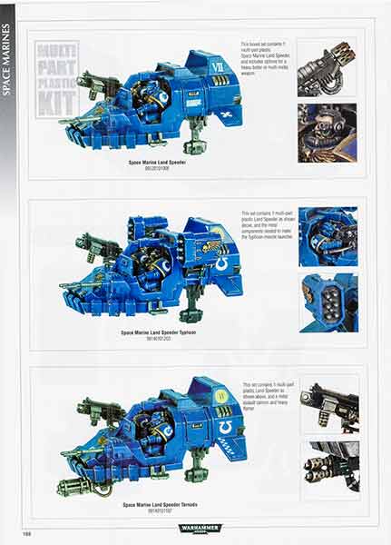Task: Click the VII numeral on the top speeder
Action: (x=215, y=66)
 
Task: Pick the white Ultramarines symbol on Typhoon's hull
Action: (x=226, y=264)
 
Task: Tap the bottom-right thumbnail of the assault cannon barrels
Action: (x=327, y=467)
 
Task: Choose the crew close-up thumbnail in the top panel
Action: (x=327, y=133)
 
